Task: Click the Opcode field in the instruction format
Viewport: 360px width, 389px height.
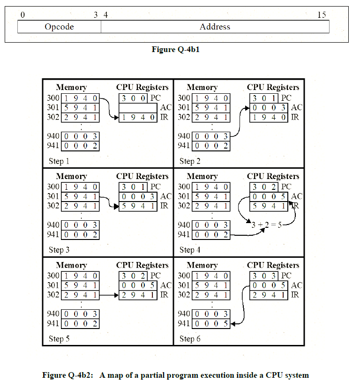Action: click(x=59, y=27)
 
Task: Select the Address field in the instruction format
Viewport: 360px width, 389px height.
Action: click(x=215, y=27)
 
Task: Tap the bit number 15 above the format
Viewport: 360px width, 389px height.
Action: click(x=322, y=15)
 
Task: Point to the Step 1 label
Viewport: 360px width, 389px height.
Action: click(x=59, y=161)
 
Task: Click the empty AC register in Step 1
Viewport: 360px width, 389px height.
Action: click(x=137, y=108)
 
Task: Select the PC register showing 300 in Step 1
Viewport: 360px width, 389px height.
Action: click(x=134, y=98)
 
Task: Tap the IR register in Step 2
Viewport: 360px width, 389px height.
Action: click(x=268, y=117)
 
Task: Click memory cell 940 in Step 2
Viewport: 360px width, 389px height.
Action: click(x=211, y=136)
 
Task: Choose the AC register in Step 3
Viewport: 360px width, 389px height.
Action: click(x=137, y=196)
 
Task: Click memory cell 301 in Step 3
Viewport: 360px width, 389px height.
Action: click(x=81, y=196)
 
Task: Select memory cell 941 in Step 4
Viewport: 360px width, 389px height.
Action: click(x=211, y=235)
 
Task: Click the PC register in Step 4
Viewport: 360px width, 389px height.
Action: click(x=264, y=187)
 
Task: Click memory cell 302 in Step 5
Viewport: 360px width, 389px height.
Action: click(x=81, y=295)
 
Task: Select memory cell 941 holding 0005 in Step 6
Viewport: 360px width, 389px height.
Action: click(x=211, y=323)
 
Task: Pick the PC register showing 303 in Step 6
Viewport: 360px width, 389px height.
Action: click(x=264, y=276)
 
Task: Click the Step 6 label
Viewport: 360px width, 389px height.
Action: click(x=190, y=339)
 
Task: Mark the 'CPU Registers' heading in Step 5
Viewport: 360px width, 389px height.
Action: click(x=142, y=265)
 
